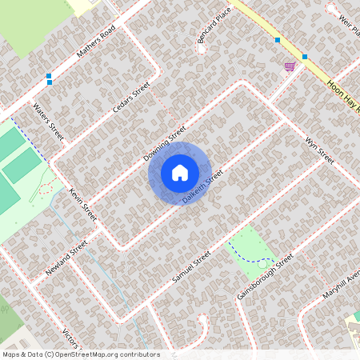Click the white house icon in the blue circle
click(180, 172)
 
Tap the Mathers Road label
click(97, 44)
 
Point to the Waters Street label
click(48, 119)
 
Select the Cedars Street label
click(132, 98)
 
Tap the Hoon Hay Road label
click(345, 97)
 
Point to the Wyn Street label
click(319, 149)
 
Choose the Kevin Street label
click(82, 206)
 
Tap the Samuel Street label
click(191, 266)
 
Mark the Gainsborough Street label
click(266, 276)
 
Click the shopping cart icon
click(289, 66)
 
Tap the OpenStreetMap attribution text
click(80, 354)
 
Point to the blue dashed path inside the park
click(256, 259)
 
